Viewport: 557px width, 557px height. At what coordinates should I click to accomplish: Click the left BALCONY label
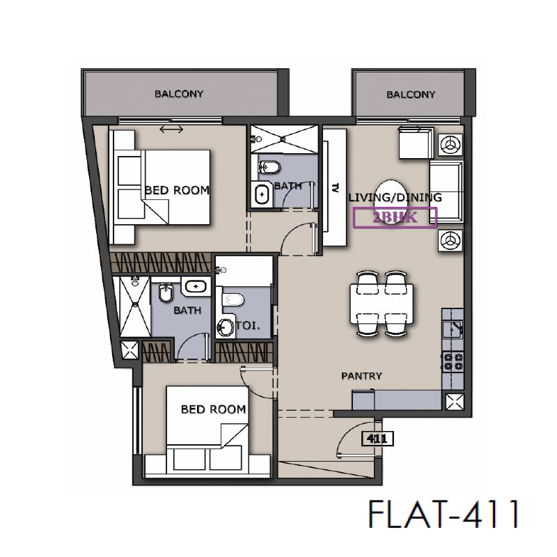(x=179, y=94)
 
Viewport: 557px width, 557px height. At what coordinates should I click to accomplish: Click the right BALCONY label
(x=411, y=95)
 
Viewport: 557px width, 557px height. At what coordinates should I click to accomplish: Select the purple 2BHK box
(x=395, y=218)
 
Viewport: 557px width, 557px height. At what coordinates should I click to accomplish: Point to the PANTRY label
(x=361, y=376)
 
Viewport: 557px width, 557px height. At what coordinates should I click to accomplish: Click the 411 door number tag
(x=375, y=439)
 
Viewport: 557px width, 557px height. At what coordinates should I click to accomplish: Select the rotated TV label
(x=335, y=187)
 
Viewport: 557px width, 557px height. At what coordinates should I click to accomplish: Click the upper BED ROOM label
(x=177, y=189)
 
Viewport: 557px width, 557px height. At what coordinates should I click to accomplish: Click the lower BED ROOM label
(x=213, y=409)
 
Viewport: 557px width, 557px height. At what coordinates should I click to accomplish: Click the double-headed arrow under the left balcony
(x=171, y=129)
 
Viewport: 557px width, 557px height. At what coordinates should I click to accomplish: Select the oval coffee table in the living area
(x=386, y=197)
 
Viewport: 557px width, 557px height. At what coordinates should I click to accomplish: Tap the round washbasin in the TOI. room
(x=226, y=327)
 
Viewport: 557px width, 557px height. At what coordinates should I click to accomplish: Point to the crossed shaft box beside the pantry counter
(x=453, y=402)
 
